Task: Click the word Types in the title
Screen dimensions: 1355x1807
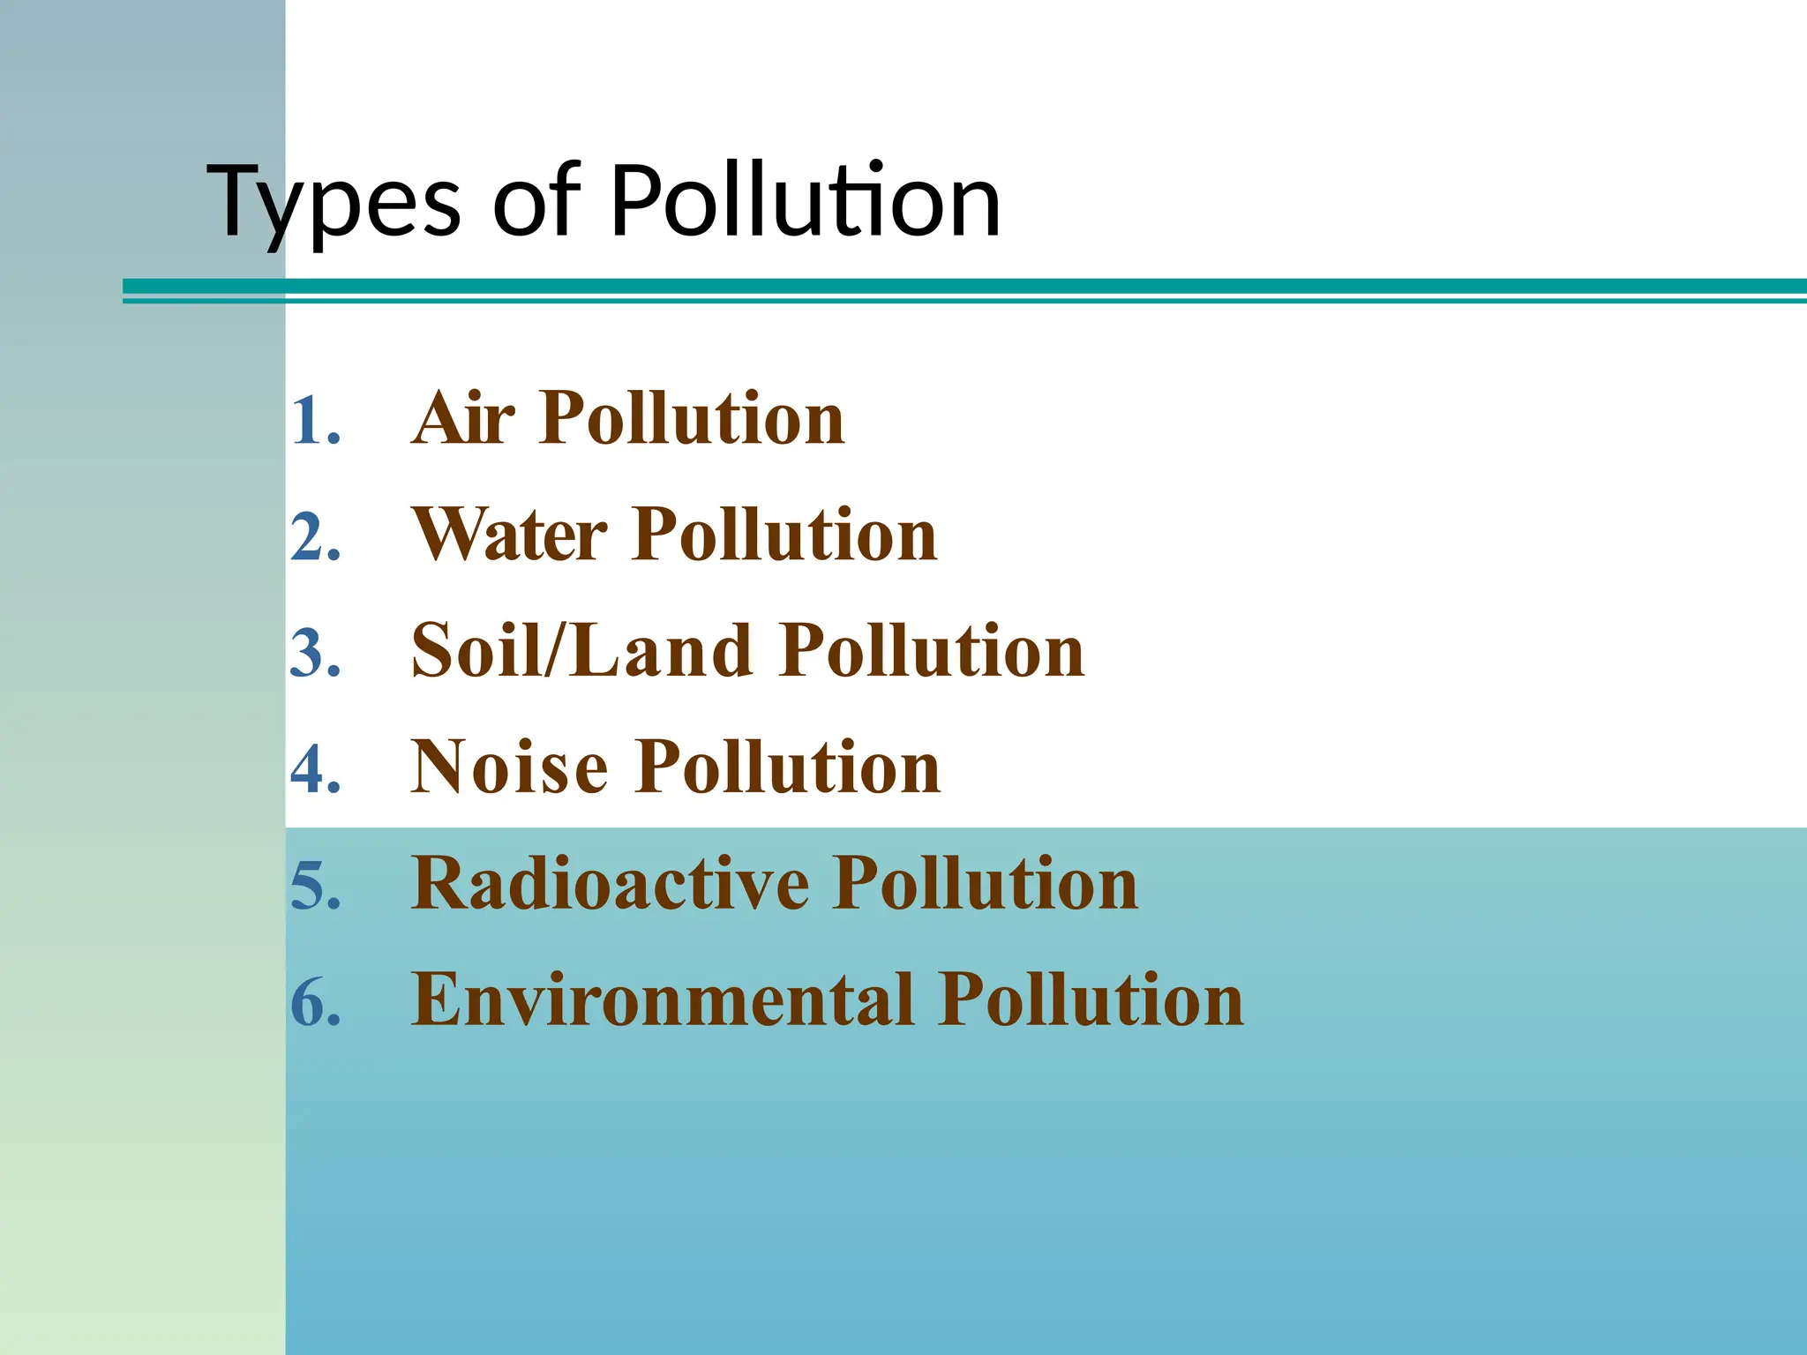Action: [334, 203]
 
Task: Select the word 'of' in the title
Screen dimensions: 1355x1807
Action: [536, 203]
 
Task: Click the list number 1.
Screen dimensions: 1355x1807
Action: [315, 420]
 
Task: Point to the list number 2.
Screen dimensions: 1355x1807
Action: [315, 536]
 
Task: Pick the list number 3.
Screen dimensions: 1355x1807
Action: [315, 653]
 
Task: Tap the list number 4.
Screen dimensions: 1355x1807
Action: [315, 769]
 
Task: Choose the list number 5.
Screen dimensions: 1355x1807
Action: [315, 886]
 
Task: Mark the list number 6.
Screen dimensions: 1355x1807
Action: [315, 1002]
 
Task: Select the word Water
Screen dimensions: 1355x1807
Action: [510, 535]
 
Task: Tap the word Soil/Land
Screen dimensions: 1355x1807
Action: [581, 651]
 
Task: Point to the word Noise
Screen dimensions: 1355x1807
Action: [510, 767]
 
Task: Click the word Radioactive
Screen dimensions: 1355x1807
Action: [610, 884]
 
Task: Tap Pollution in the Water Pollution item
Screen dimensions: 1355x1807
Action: [785, 535]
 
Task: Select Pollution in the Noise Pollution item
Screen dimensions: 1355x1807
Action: [789, 767]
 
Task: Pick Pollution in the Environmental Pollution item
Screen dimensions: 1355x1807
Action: [1091, 1000]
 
